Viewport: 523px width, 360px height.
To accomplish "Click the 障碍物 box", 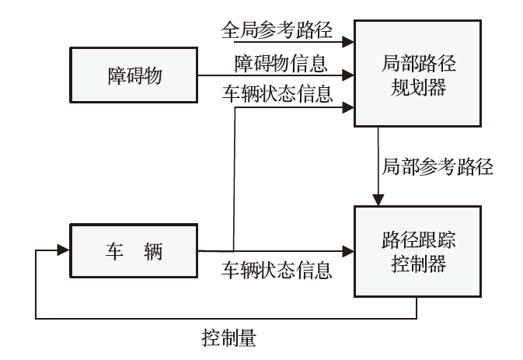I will point(133,77).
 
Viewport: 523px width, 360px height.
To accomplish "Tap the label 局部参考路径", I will point(438,166).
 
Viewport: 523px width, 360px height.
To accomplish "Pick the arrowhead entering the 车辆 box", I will point(63,252).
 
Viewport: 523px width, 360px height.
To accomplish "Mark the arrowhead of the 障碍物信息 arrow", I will point(349,76).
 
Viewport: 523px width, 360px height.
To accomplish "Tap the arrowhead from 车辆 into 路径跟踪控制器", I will point(349,252).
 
